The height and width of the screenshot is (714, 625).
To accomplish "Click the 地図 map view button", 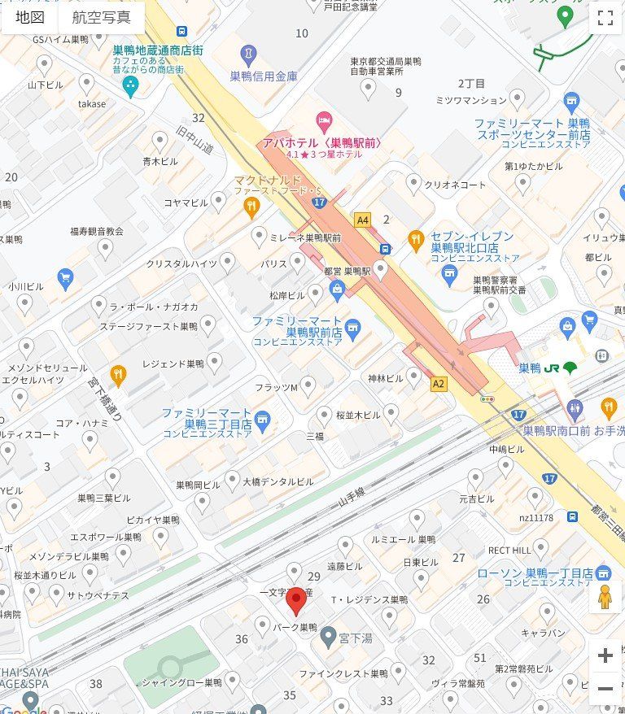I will pyautogui.click(x=30, y=17).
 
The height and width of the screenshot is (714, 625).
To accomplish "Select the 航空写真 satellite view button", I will pyautogui.click(x=101, y=17).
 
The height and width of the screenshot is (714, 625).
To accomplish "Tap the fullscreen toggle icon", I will pyautogui.click(x=605, y=19).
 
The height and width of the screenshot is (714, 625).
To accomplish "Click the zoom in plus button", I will pyautogui.click(x=605, y=655).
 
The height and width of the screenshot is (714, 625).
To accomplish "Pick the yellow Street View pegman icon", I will pyautogui.click(x=604, y=598).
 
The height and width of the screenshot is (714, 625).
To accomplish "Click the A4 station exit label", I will pyautogui.click(x=362, y=220).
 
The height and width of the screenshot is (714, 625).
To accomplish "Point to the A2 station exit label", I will pyautogui.click(x=439, y=383).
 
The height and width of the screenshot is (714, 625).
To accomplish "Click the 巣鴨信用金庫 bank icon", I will pyautogui.click(x=249, y=55).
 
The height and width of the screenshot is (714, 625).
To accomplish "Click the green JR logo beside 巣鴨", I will pyautogui.click(x=570, y=368).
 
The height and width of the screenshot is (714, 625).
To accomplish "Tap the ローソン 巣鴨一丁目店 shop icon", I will pyautogui.click(x=603, y=572).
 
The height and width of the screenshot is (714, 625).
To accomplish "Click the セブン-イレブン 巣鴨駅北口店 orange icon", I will pyautogui.click(x=416, y=240).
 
